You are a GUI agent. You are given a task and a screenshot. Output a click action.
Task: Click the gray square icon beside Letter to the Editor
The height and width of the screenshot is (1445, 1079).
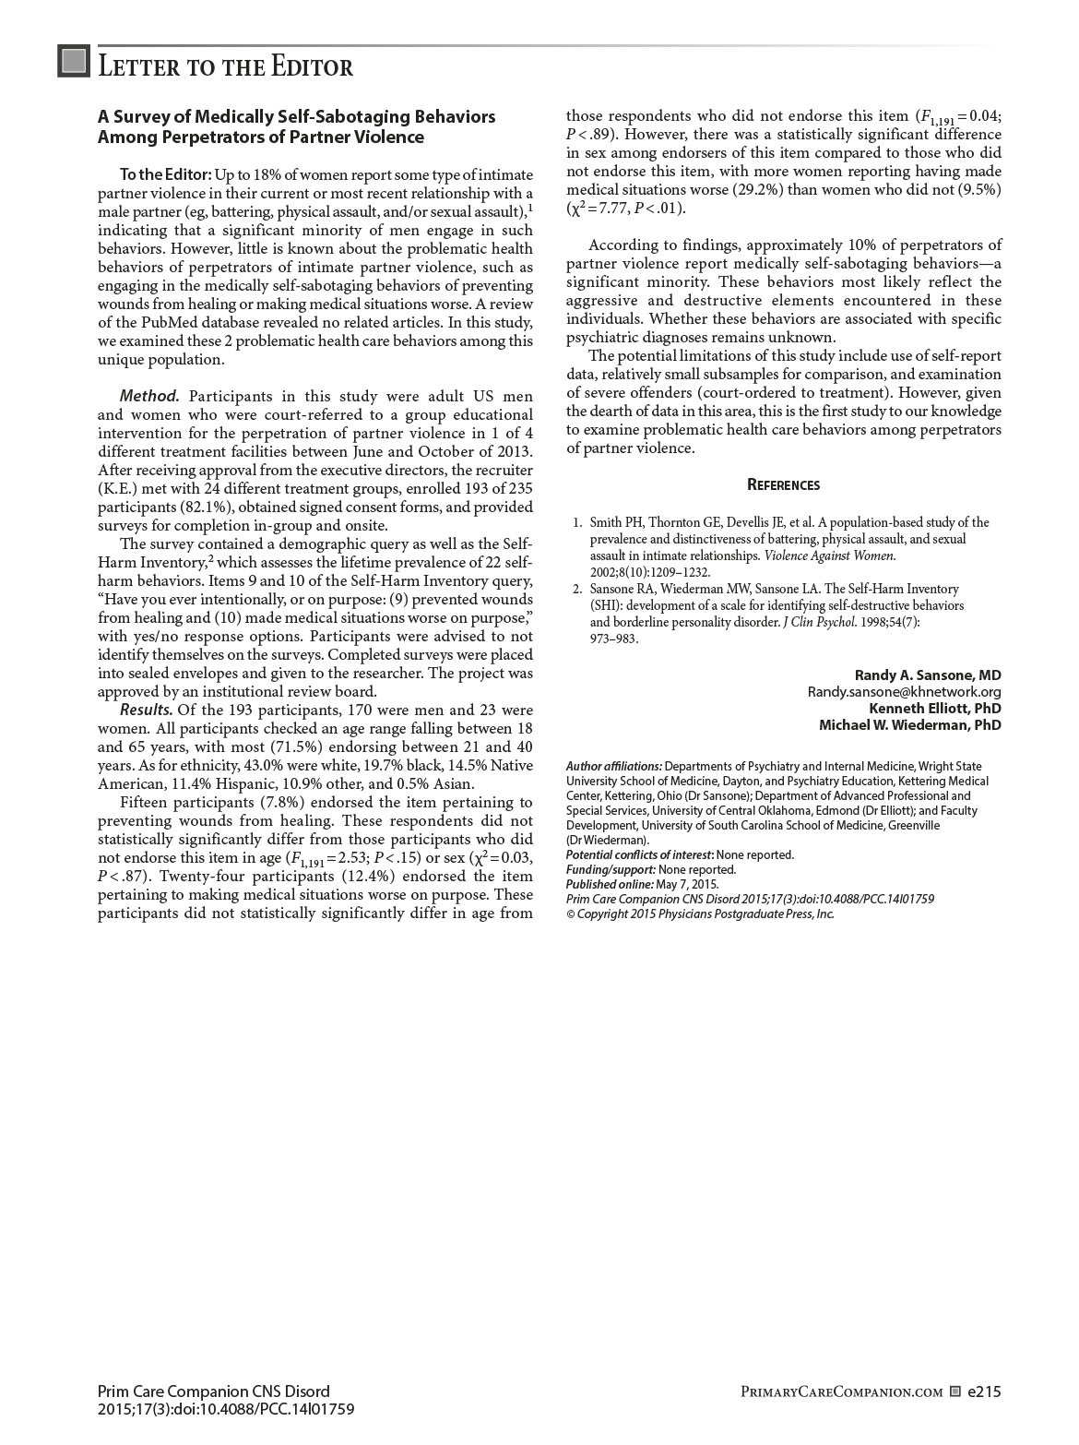click(74, 61)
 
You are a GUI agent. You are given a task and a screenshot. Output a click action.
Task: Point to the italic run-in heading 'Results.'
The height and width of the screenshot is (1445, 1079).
click(146, 710)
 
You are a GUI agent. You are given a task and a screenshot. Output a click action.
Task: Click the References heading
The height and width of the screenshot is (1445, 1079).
click(783, 485)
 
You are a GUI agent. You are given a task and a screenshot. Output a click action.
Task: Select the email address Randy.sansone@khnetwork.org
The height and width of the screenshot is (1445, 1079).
click(904, 692)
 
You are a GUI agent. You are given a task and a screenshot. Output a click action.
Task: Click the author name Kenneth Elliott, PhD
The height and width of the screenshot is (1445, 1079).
click(934, 709)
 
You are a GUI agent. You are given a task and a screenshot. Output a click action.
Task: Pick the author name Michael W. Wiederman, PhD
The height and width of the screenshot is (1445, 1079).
click(909, 725)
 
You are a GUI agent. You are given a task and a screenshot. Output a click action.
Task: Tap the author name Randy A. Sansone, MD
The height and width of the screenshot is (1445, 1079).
click(927, 675)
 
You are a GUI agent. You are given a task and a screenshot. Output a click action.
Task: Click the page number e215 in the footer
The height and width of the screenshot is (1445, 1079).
click(984, 1391)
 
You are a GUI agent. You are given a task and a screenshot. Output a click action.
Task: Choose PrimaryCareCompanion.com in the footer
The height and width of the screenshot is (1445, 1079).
click(841, 1392)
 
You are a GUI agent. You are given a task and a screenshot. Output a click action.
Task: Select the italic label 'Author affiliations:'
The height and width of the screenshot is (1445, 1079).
click(613, 766)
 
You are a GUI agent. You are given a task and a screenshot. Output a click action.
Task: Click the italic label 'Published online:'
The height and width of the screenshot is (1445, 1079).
click(609, 884)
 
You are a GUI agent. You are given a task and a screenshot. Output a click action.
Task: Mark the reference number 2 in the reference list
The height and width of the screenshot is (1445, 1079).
click(577, 589)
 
